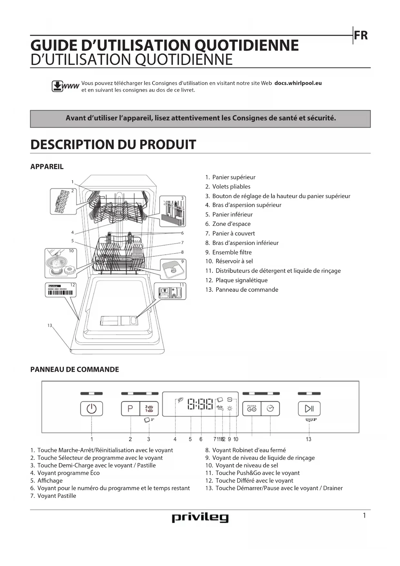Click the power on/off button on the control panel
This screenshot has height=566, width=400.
(92, 409)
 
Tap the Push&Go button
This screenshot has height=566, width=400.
(252, 409)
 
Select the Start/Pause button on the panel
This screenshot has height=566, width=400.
(309, 409)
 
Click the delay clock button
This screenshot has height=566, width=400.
(270, 409)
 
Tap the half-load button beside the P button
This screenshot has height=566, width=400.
(149, 409)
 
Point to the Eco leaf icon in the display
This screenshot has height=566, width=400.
(180, 400)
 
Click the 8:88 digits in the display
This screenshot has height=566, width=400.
(200, 404)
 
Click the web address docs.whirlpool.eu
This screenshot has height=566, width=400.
(298, 83)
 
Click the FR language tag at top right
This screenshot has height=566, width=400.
(361, 35)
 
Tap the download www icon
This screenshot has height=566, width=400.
(65, 86)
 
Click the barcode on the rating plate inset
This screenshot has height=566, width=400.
(60, 293)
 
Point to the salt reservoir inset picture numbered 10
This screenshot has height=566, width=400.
(61, 263)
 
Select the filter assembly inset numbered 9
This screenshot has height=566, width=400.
(173, 269)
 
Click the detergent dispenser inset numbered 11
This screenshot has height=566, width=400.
(170, 291)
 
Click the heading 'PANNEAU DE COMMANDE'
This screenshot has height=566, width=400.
(74, 369)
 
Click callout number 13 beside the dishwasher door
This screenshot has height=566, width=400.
(50, 325)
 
